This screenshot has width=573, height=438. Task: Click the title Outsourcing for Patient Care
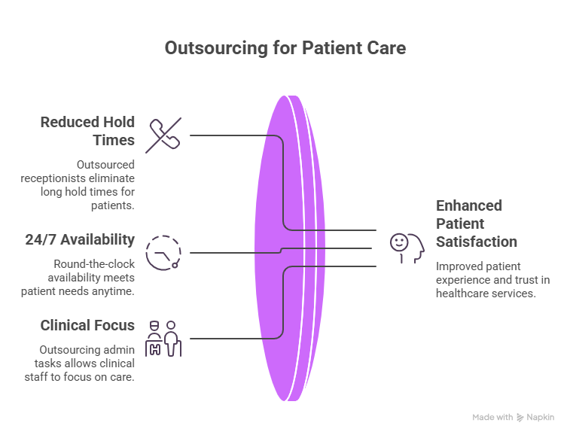[x=285, y=48]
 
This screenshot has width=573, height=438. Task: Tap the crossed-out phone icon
[x=163, y=136]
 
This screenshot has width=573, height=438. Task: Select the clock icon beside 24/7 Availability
[x=163, y=251]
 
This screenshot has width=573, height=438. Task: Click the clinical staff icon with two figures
[x=163, y=338]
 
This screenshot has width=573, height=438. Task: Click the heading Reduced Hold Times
[x=87, y=131]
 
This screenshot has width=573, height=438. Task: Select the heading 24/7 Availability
[x=79, y=239]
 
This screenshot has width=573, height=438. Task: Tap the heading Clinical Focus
[x=87, y=325]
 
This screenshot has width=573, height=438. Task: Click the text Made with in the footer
[x=492, y=417]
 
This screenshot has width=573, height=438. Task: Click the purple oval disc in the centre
[x=294, y=248]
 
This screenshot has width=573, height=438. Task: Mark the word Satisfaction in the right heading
[x=477, y=242]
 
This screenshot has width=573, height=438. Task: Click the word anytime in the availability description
[x=117, y=291]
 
